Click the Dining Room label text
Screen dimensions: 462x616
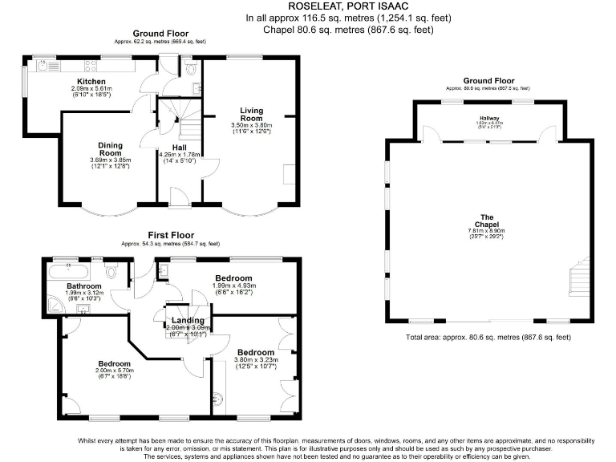[x=110, y=148]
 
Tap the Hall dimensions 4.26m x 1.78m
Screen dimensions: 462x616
[x=179, y=155]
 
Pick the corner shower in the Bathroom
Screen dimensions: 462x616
[x=51, y=302]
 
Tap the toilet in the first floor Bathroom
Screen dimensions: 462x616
[x=113, y=273]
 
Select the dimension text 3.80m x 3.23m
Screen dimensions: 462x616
[x=256, y=360]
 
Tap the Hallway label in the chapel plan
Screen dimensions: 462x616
[x=489, y=118]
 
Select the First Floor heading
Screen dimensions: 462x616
[x=169, y=234]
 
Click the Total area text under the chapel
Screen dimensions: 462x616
[x=488, y=338]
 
